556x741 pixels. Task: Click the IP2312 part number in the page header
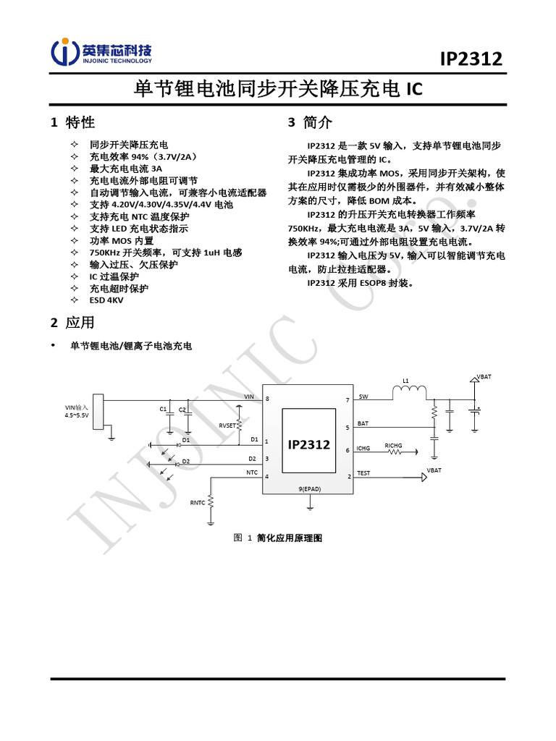pos(471,59)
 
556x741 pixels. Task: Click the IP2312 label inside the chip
pos(309,444)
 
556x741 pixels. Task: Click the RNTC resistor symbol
pos(211,501)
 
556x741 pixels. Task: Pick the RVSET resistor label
pos(227,425)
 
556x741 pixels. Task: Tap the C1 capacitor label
pos(163,410)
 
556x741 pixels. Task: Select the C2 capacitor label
pos(182,410)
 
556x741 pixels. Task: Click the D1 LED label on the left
pos(186,439)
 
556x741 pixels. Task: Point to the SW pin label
pos(363,397)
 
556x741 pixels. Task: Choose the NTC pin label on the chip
pos(251,473)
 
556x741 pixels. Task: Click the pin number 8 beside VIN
pos(267,399)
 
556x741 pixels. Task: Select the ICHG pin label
pos(363,449)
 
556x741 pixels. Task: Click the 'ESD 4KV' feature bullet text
pos(106,299)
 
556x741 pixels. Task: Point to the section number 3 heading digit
pos(292,122)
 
